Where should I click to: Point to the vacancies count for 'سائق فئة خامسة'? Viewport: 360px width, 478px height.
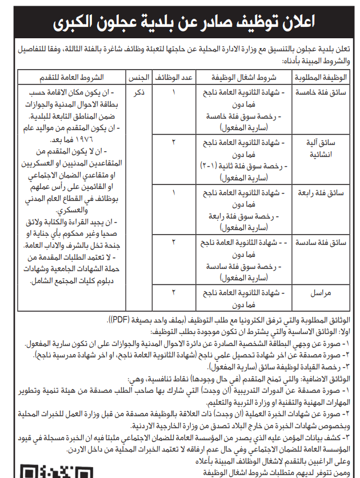pos(175,92)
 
